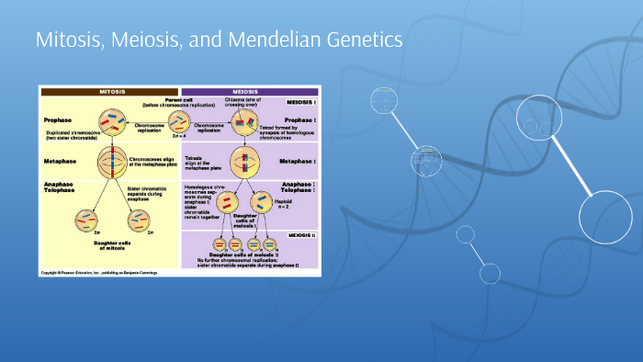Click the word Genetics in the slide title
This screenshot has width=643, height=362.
[x=367, y=40]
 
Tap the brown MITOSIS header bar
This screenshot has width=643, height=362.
[x=110, y=91]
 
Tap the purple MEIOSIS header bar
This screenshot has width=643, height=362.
[x=250, y=91]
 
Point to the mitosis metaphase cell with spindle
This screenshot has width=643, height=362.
[x=115, y=162]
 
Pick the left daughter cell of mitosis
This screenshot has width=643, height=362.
[x=85, y=220]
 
